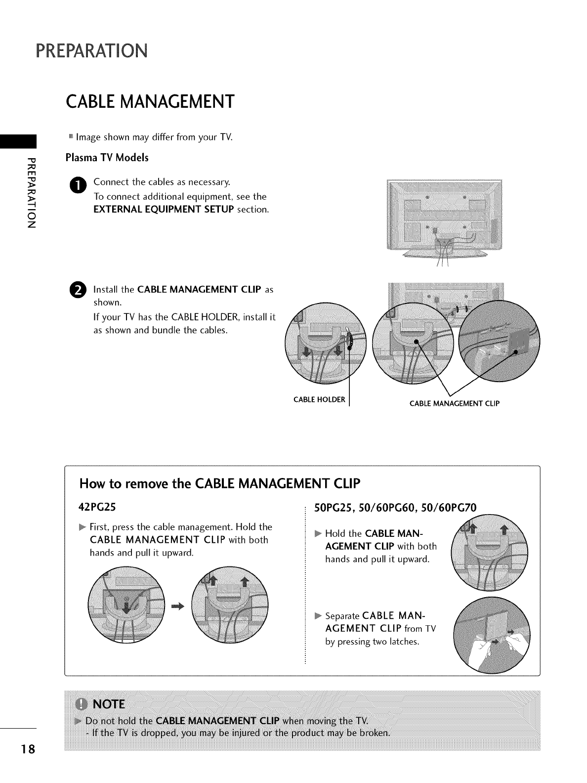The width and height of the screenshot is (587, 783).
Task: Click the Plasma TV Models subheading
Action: click(107, 158)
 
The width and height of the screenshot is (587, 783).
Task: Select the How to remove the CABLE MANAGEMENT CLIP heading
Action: click(220, 483)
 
